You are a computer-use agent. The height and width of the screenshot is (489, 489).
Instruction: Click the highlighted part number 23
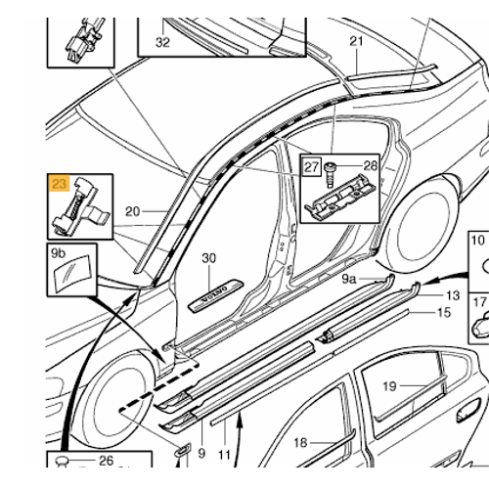point(60,182)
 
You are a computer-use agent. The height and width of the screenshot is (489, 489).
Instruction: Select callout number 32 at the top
point(162,42)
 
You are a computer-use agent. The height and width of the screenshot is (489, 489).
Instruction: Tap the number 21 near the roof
point(356,41)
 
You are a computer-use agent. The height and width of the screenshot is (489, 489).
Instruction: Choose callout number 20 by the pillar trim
point(134,211)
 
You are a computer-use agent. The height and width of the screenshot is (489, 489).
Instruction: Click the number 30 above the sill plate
point(207,258)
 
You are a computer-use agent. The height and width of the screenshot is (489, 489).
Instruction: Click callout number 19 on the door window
point(389,386)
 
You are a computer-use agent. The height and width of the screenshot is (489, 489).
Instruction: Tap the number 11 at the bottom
point(223,455)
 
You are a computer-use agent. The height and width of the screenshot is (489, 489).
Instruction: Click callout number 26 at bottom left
point(106,462)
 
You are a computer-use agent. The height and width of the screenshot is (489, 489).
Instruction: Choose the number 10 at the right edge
point(478,240)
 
